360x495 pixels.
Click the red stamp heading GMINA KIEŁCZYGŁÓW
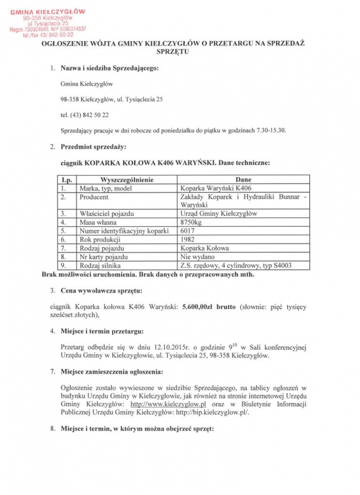click(x=48, y=11)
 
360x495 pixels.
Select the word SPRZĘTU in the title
click(x=173, y=52)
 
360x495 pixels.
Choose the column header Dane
click(x=243, y=180)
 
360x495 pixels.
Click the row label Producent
click(x=94, y=197)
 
